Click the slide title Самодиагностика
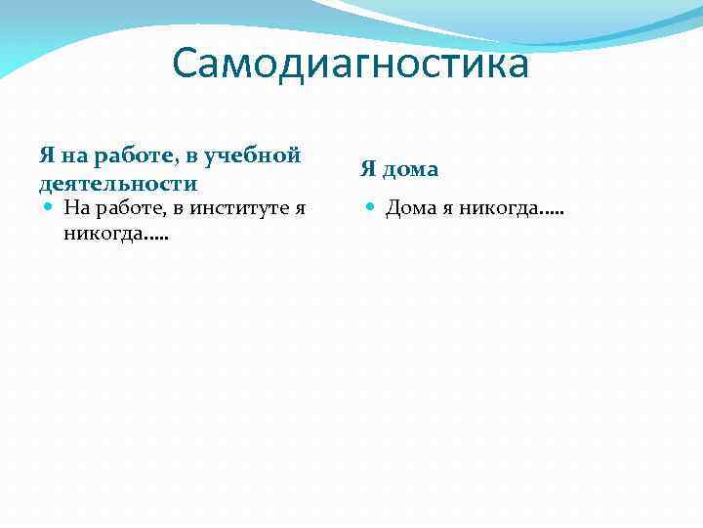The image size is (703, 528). [351, 65]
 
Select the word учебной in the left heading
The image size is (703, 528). [259, 154]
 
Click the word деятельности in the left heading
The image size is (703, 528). [118, 183]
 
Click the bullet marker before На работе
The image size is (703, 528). [49, 207]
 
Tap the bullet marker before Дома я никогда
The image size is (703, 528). [371, 207]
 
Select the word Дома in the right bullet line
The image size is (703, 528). [407, 207]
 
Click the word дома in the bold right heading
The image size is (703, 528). [410, 169]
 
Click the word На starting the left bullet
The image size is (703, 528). [75, 207]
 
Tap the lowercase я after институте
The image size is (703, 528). [301, 208]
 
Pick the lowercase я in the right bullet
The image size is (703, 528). [443, 208]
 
